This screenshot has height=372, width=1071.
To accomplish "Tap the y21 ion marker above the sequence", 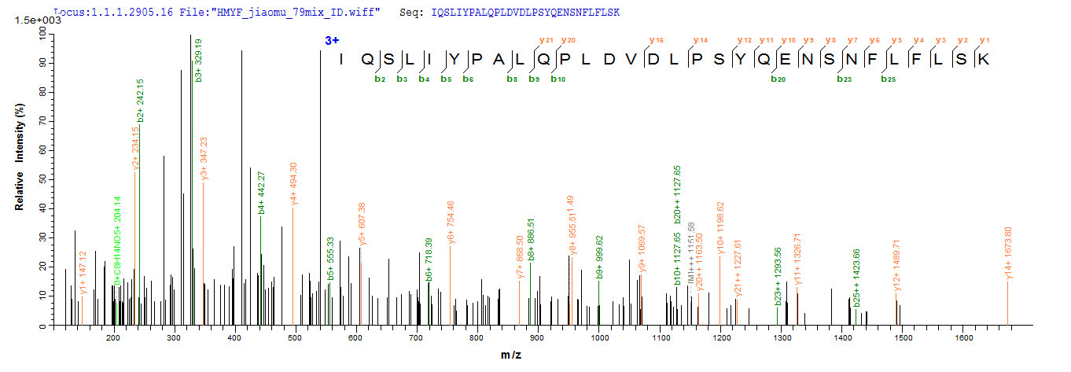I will point(544,39).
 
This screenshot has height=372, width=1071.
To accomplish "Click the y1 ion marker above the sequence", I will point(985,39).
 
